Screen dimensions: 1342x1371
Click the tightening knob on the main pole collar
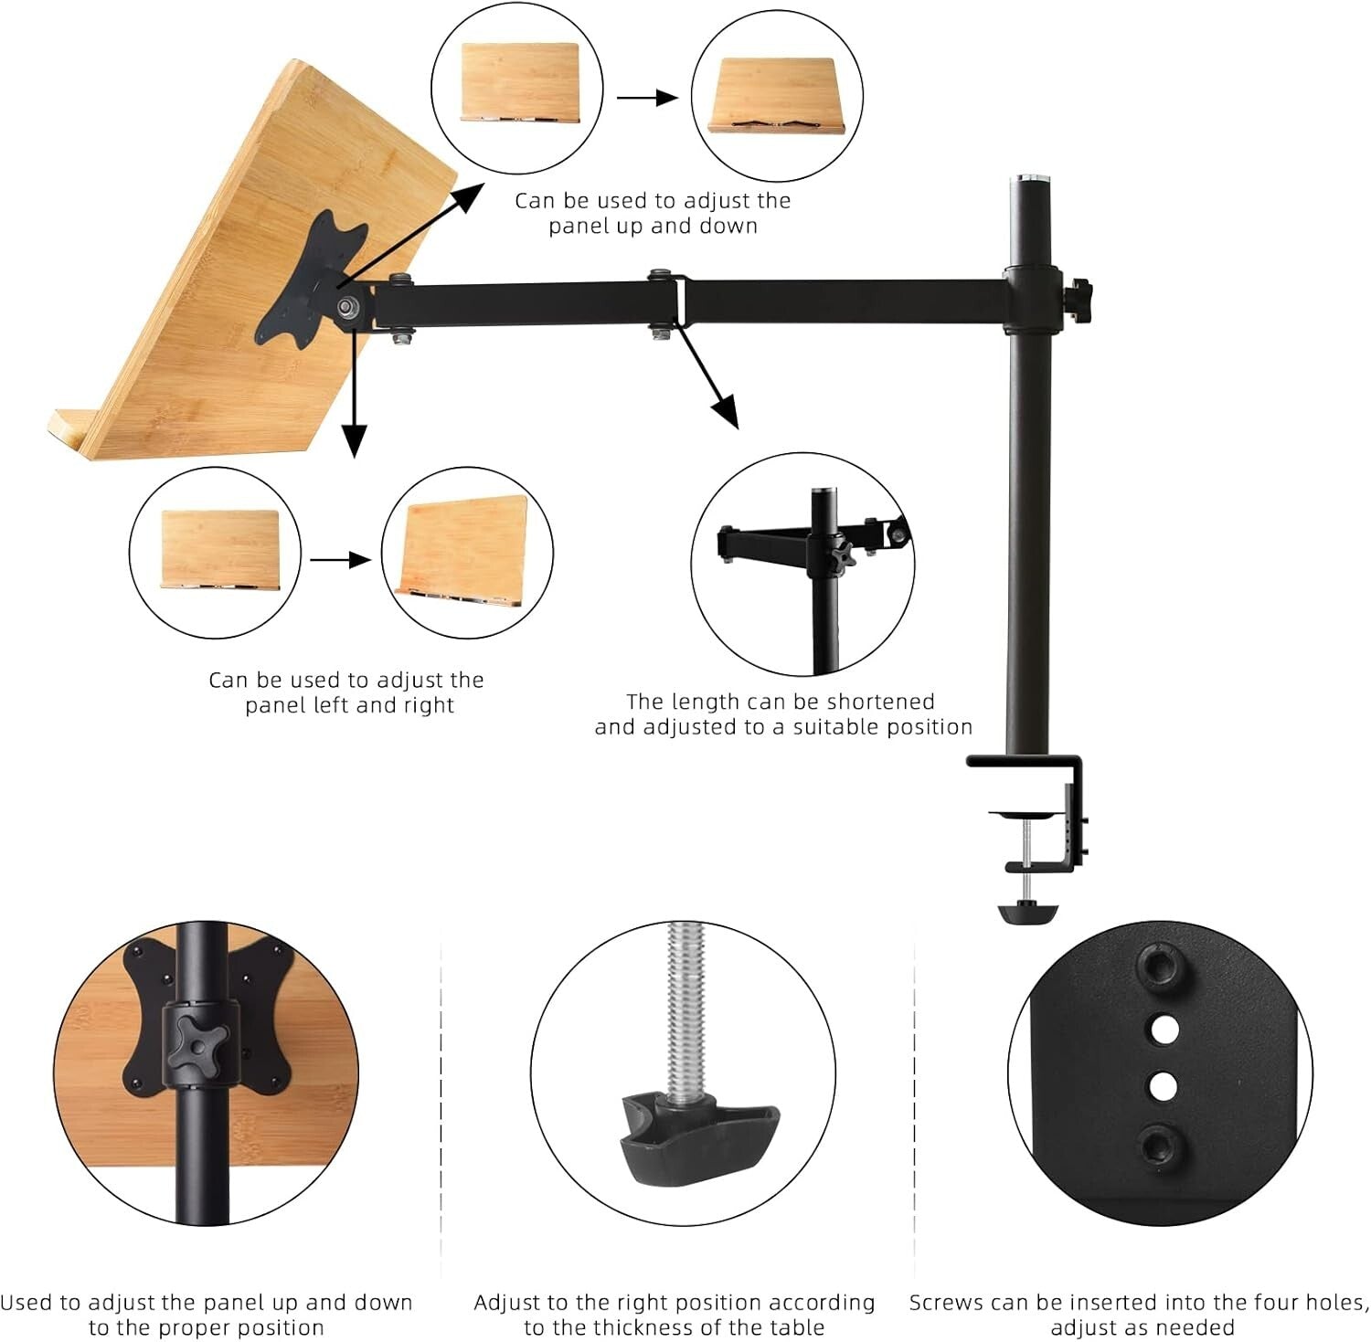pos(1082,296)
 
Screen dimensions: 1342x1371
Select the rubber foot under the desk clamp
pos(1027,913)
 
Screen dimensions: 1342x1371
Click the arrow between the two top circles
pos(647,97)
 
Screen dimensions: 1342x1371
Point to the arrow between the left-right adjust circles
pos(340,559)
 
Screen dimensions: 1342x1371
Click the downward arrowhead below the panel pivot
pos(354,441)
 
